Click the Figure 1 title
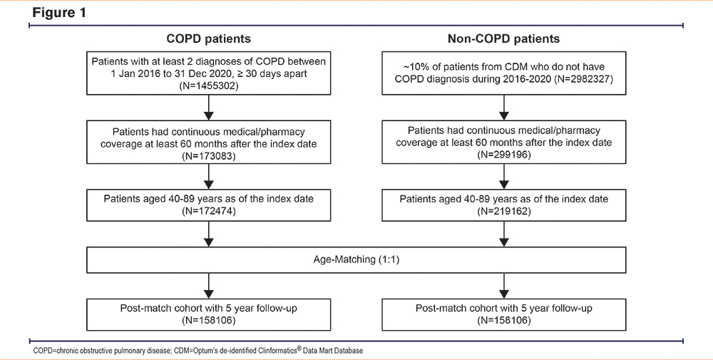[58, 12]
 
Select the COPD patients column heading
[208, 38]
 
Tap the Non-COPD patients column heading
[503, 38]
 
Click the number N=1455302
[208, 85]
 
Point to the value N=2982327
[583, 79]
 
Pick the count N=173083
[208, 154]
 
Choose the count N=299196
[504, 154]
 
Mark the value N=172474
[208, 211]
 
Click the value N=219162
[504, 211]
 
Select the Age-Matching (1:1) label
[356, 259]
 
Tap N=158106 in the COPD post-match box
[208, 319]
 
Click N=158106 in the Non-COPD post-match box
[504, 319]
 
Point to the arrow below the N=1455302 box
[208, 107]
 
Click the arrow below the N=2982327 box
[504, 107]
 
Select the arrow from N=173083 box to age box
[208, 176]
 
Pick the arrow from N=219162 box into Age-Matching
[504, 234]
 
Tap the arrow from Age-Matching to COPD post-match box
[208, 285]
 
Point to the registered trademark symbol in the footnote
[301, 349]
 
